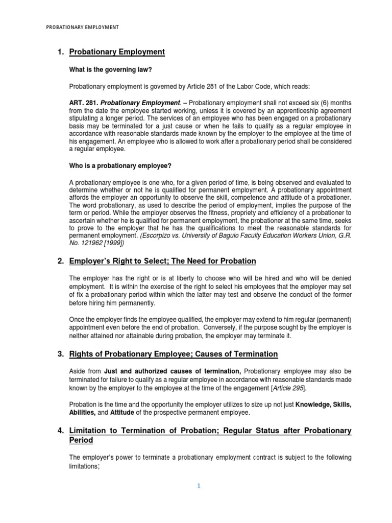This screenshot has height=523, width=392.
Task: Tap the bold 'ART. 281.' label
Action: click(83, 102)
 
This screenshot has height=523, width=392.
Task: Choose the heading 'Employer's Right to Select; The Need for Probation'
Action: click(162, 261)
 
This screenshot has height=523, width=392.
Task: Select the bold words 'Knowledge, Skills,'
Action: click(324, 405)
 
